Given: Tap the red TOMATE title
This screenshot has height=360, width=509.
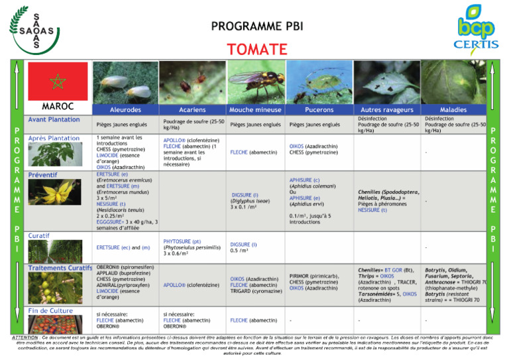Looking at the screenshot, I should pyautogui.click(x=256, y=50).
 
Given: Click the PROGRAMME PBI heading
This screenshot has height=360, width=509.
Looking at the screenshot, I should pyautogui.click(x=256, y=27).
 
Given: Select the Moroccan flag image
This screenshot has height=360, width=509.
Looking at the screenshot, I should pyautogui.click(x=58, y=81).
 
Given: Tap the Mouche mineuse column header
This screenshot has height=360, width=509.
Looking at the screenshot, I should pyautogui.click(x=254, y=110).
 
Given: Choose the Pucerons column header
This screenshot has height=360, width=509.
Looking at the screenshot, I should pyautogui.click(x=319, y=110).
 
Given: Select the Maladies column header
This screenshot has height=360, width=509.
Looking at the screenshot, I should pyautogui.click(x=453, y=110).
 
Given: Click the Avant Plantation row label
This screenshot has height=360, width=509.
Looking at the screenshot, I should pyautogui.click(x=54, y=120).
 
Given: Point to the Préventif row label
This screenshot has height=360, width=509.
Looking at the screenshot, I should pyautogui.click(x=42, y=175).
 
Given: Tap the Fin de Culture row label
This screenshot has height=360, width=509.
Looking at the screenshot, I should pyautogui.click(x=50, y=310).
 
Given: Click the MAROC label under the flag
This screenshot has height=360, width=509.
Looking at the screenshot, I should pyautogui.click(x=57, y=106).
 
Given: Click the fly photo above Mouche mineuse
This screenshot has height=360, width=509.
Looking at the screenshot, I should pyautogui.click(x=254, y=82).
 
